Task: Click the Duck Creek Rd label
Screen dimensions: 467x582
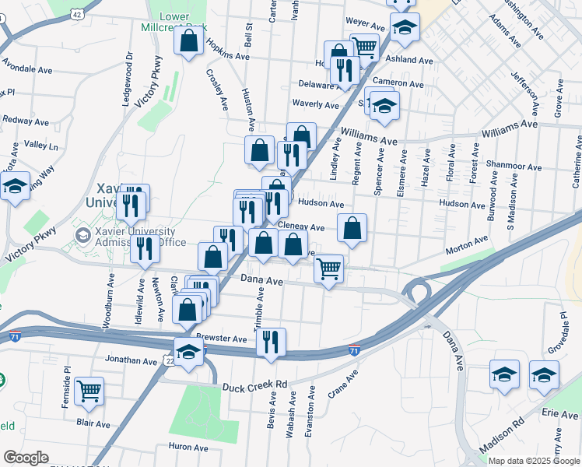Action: pyautogui.click(x=254, y=384)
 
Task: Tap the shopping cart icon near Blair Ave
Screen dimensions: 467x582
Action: pyautogui.click(x=89, y=391)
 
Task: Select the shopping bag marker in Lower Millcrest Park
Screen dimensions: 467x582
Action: pyautogui.click(x=189, y=41)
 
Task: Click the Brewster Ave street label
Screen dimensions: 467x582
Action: pyautogui.click(x=221, y=339)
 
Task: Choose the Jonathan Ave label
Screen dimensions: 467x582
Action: pyautogui.click(x=131, y=360)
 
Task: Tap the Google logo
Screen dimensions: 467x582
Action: pyautogui.click(x=25, y=458)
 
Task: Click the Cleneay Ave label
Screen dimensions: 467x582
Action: pyautogui.click(x=301, y=227)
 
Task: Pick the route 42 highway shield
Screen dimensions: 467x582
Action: pyautogui.click(x=75, y=14)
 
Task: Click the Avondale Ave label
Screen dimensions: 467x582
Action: pyautogui.click(x=27, y=68)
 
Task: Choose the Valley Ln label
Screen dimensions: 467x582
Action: pyautogui.click(x=41, y=146)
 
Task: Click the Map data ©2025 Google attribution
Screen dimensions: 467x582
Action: pyautogui.click(x=534, y=460)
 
